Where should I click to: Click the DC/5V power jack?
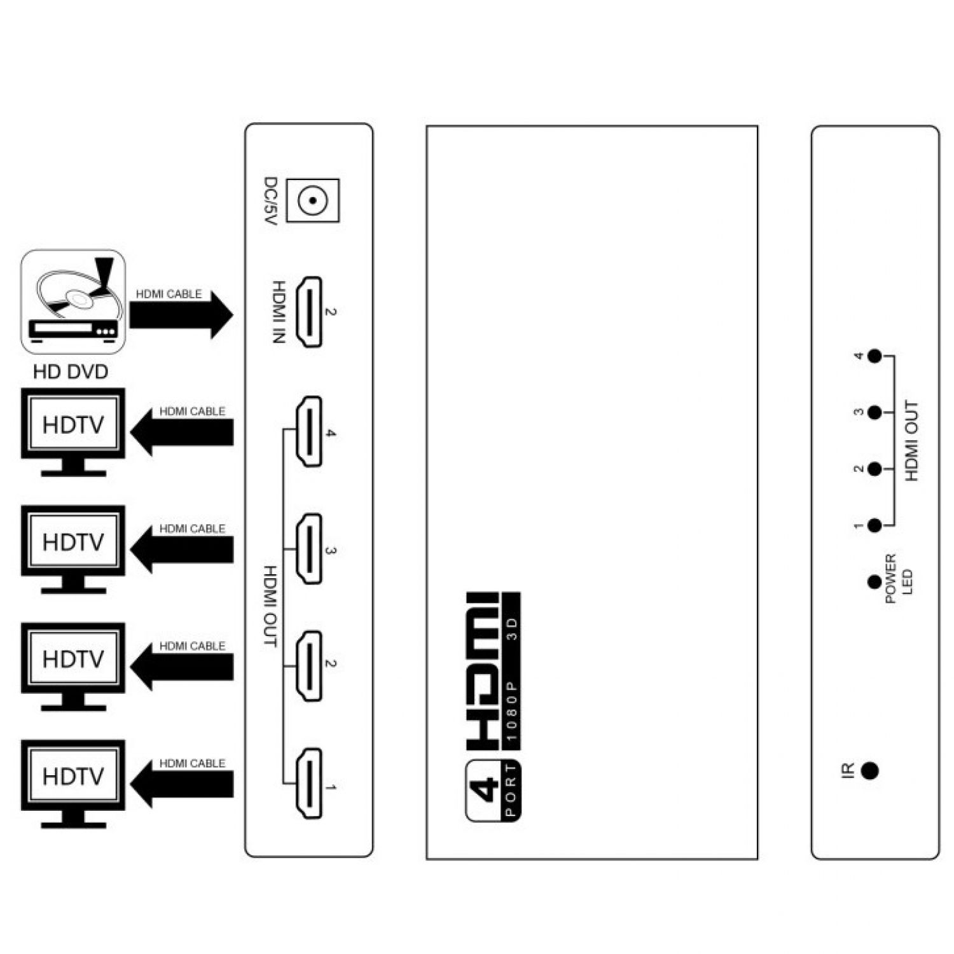312,201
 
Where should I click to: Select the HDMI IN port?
310,312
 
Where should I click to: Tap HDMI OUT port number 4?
309,432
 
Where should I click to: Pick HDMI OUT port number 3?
309,549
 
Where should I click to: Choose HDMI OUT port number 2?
309,666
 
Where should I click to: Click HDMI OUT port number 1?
309,784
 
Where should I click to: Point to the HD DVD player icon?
73,301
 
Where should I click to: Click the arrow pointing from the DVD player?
181,315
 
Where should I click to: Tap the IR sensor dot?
869,771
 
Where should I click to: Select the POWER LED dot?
874,581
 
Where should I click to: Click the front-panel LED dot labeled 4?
875,356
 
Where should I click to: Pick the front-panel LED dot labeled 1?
875,525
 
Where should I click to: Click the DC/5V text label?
272,202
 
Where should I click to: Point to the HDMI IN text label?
279,312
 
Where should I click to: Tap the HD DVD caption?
71,372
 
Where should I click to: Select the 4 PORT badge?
494,790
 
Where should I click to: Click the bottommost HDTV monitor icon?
73,784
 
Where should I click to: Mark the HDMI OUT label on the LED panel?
911,441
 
